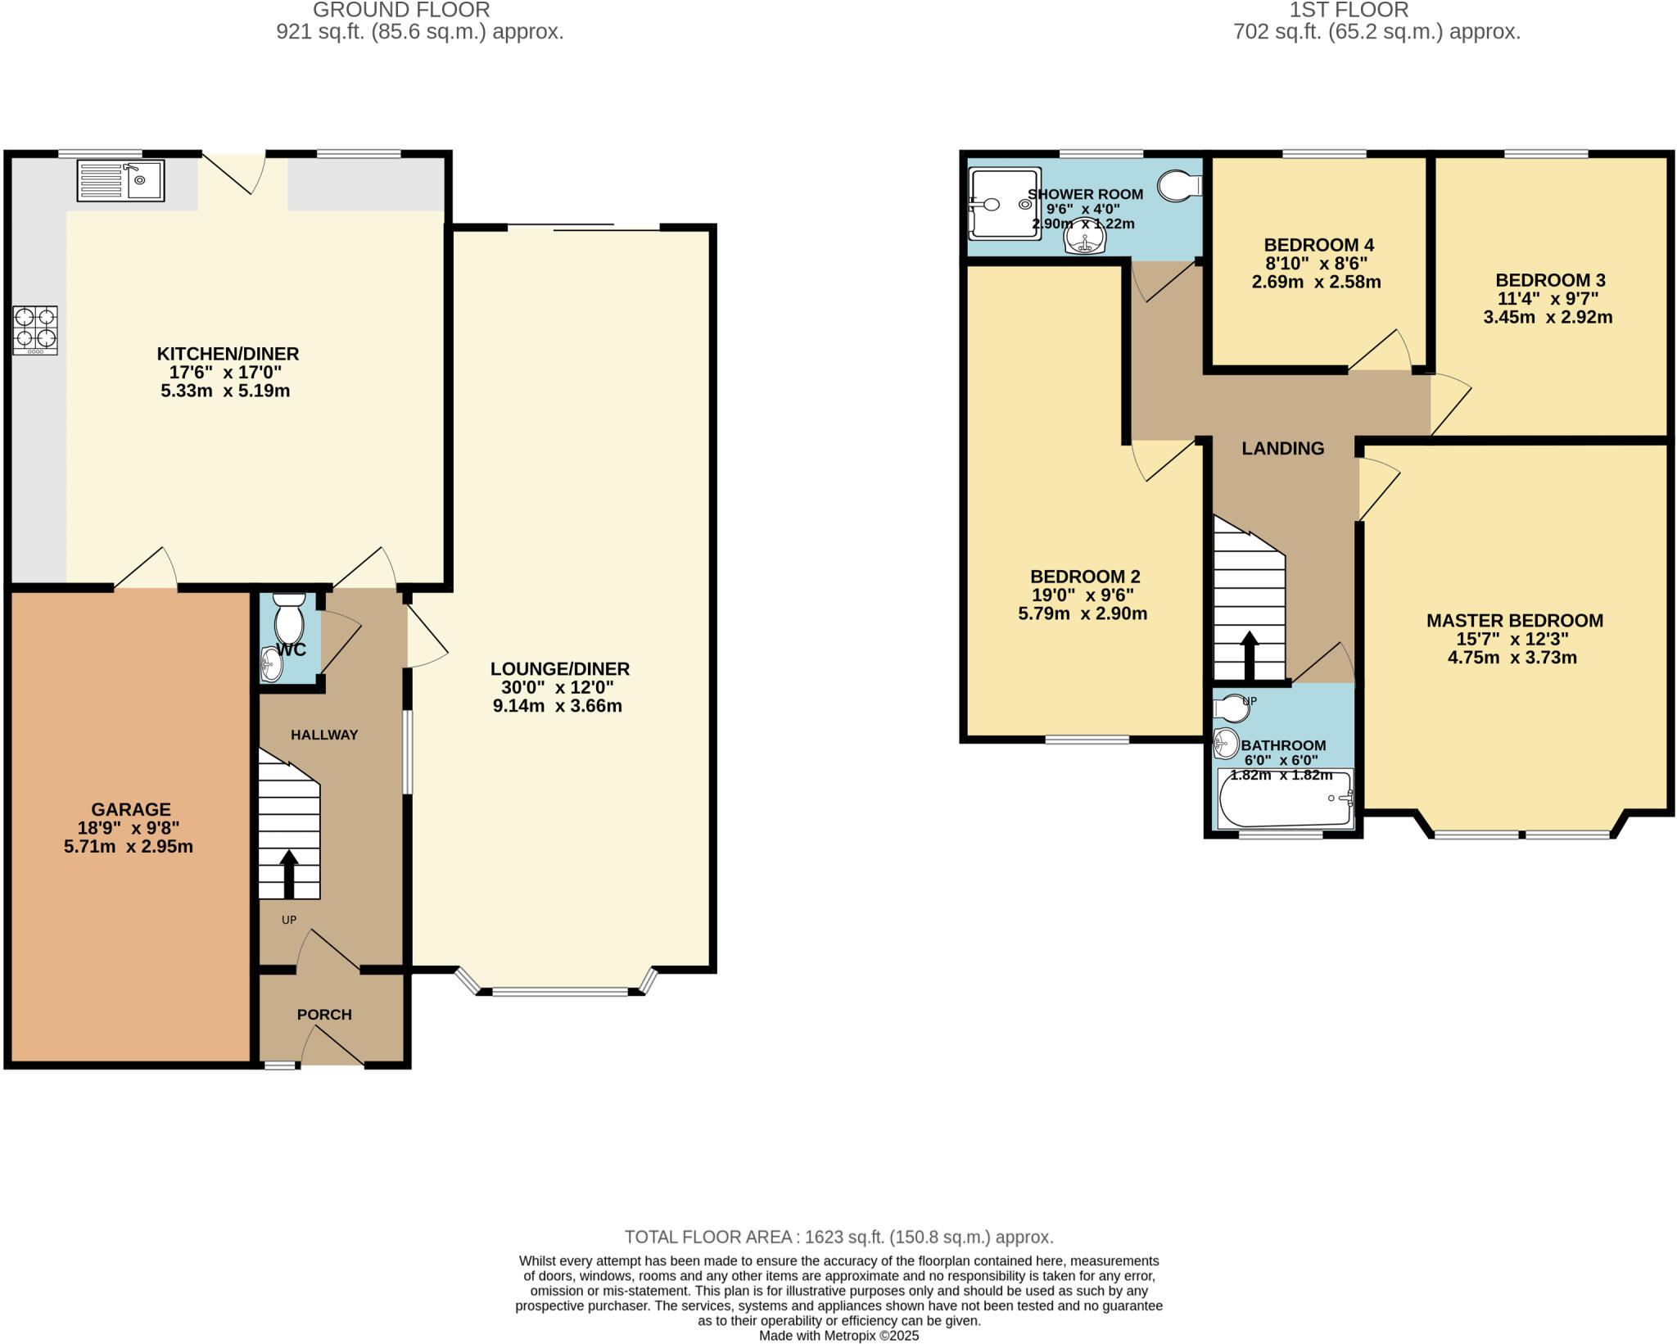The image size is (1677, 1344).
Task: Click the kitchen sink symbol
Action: point(120,181)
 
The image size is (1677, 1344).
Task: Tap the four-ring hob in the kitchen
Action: point(35,330)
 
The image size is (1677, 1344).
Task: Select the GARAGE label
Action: point(131,809)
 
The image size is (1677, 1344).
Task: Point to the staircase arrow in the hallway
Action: point(288,875)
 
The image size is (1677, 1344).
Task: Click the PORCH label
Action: point(324,1014)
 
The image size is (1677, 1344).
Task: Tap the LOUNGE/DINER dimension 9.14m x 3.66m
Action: point(558,706)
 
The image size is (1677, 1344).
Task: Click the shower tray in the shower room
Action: point(1004,204)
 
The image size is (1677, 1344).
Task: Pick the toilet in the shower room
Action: point(1179,186)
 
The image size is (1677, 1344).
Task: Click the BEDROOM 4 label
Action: point(1318,245)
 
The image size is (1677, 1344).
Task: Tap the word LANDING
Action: point(1282,448)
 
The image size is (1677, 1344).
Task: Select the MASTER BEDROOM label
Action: point(1514,621)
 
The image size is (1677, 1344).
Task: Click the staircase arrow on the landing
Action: point(1249,655)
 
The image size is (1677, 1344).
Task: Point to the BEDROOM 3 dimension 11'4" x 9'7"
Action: point(1548,299)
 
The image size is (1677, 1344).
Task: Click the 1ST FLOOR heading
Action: point(1349,11)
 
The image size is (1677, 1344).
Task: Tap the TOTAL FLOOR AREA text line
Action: point(838,1237)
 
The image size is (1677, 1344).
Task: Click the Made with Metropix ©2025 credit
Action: point(838,1336)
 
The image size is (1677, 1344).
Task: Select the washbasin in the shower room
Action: point(1085,238)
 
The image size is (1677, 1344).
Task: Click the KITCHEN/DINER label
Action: point(228,354)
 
